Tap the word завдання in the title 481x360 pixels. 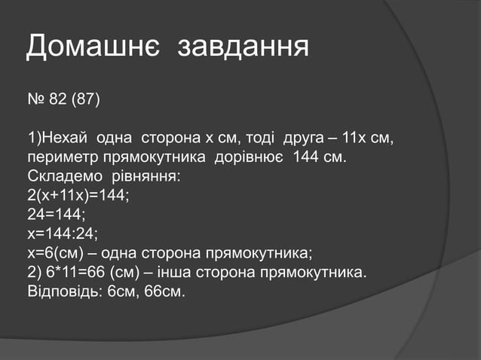[x=243, y=47]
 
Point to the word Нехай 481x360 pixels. [x=66, y=139]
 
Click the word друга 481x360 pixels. [x=305, y=139]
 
